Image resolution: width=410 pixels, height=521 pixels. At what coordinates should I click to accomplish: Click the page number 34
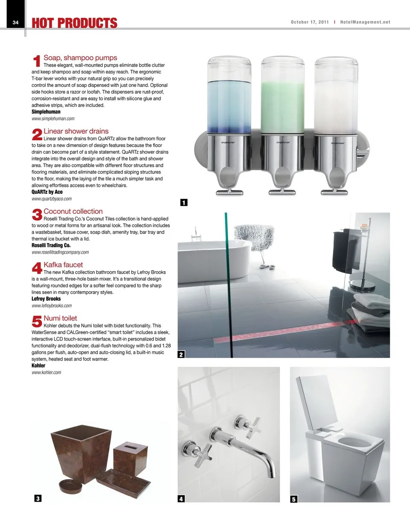15,23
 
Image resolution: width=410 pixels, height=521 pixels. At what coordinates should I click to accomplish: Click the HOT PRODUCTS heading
74,23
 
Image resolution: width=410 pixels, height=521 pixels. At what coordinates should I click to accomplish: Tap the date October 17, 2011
310,22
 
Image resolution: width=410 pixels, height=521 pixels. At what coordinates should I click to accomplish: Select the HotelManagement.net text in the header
365,22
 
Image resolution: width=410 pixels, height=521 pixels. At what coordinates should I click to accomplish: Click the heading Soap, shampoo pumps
80,58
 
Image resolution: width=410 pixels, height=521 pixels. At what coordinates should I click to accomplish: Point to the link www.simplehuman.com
53,118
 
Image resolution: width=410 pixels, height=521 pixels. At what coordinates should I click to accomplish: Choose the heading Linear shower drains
76,131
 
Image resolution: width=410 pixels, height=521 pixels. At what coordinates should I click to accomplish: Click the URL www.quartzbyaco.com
52,199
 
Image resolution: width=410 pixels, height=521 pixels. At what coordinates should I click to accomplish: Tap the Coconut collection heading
73,211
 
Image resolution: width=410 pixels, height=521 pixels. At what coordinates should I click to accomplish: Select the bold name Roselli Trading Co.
51,246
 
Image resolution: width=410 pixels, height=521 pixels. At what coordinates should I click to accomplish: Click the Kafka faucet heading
63,265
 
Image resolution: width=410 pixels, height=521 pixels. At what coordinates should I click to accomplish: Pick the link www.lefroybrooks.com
52,306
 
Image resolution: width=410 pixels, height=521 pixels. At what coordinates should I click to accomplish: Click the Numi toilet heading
60,318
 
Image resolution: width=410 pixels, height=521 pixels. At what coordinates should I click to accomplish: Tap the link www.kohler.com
46,373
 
